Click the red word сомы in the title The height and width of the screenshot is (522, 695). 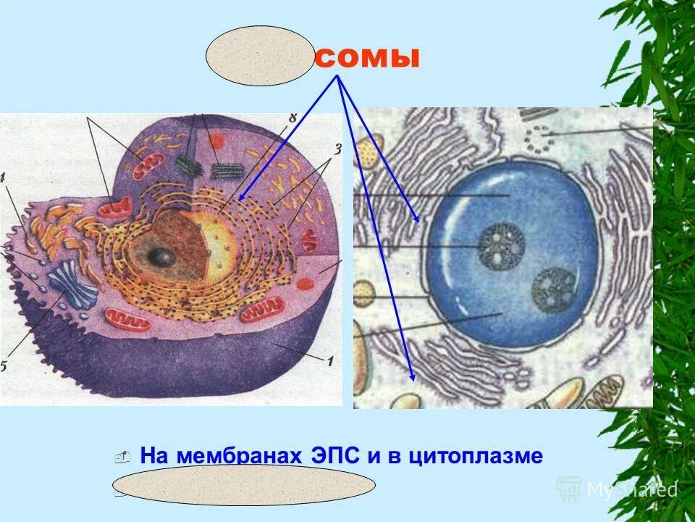click(367, 57)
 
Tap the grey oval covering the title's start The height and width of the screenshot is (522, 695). click(259, 56)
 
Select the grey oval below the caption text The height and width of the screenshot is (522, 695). click(243, 485)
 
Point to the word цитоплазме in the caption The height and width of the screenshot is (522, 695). click(476, 456)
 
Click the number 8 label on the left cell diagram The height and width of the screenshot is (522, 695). click(292, 118)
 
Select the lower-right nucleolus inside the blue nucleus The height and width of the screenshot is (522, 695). click(553, 288)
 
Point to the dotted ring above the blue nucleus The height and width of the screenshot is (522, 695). click(539, 137)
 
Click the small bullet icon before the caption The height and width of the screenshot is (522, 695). click(122, 457)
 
